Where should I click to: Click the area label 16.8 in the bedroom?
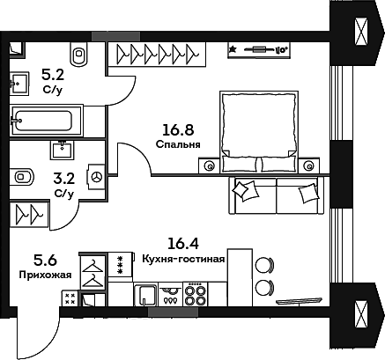point(178,129)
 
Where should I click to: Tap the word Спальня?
point(178,144)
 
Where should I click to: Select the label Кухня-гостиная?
point(183,259)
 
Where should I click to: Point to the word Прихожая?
point(45,275)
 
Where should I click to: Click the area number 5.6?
point(45,260)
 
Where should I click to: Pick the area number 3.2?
point(64,179)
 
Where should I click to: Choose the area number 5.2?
point(53,75)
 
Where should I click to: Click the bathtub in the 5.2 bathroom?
point(46,121)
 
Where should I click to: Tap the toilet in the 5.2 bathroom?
point(79,54)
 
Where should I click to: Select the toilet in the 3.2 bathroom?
point(21,177)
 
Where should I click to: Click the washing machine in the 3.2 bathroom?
point(96,177)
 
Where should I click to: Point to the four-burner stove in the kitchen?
point(196,294)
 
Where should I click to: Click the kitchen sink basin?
point(146,295)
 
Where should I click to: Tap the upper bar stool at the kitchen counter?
point(265,265)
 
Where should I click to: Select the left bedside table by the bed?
point(209,165)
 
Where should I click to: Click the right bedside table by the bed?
point(309,165)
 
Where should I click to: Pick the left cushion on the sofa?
point(245,190)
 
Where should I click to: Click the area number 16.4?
point(183,244)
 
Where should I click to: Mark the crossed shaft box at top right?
point(361,32)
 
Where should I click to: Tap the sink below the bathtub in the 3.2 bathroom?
point(62,150)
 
